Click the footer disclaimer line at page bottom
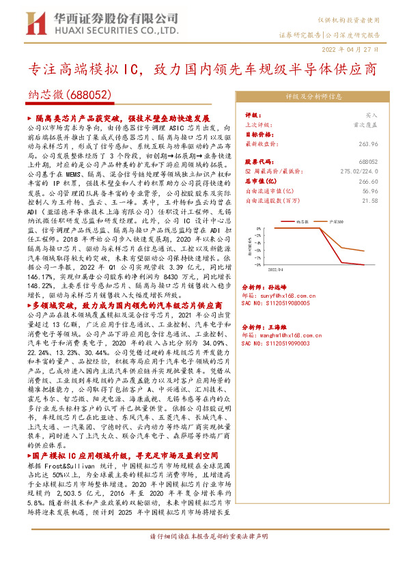203,557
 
